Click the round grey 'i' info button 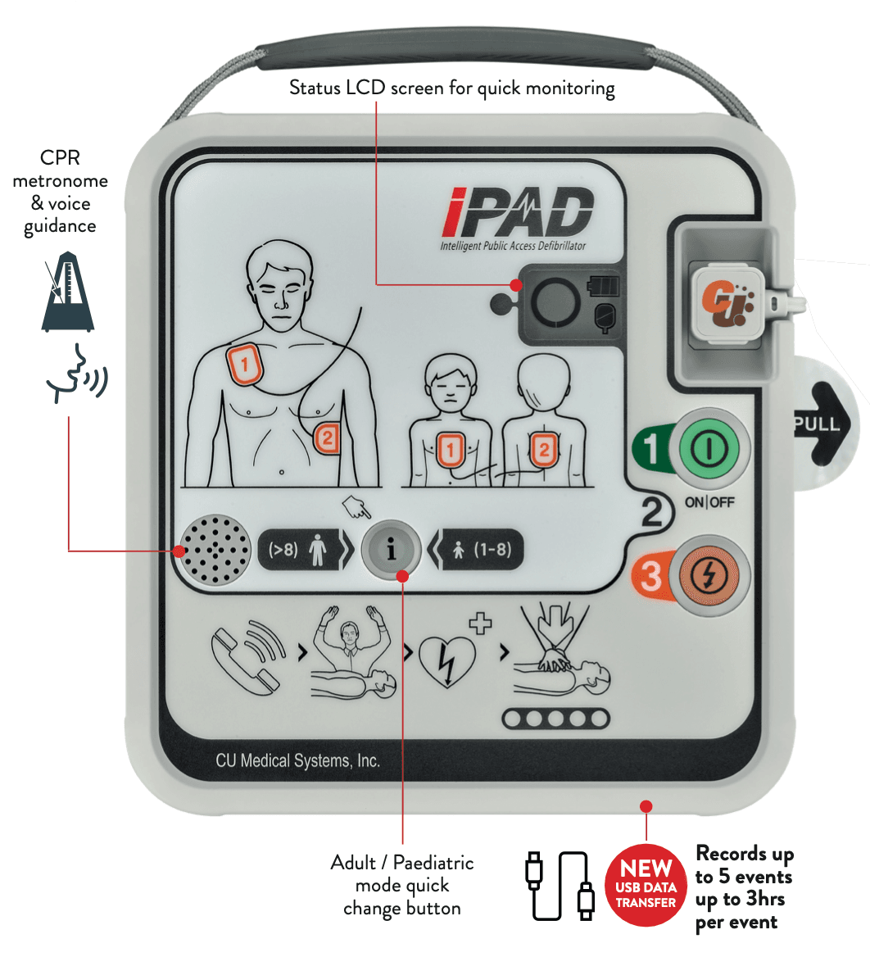point(391,550)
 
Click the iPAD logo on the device point(516,215)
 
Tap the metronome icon point(62,294)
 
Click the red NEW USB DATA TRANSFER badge point(646,885)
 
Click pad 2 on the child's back point(542,448)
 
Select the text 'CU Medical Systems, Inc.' point(298,760)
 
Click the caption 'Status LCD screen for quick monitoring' point(451,88)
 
